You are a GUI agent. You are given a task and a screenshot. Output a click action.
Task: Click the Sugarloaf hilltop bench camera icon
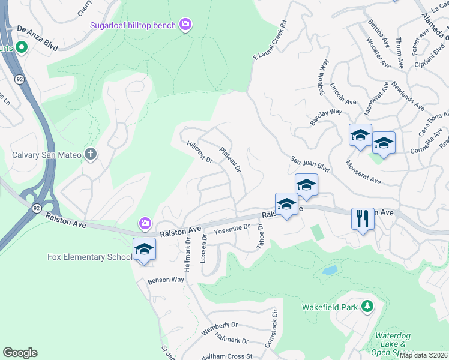(186, 25)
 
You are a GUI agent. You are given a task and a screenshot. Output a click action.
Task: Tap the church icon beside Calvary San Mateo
(91, 154)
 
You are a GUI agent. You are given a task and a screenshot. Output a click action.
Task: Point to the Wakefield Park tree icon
(367, 307)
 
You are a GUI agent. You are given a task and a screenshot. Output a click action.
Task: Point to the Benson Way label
(166, 280)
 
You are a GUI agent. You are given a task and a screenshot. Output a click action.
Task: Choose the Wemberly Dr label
(220, 328)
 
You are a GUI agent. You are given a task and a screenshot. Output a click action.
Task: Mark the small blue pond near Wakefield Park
(330, 271)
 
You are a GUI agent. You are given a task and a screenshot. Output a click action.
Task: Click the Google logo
(20, 353)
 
